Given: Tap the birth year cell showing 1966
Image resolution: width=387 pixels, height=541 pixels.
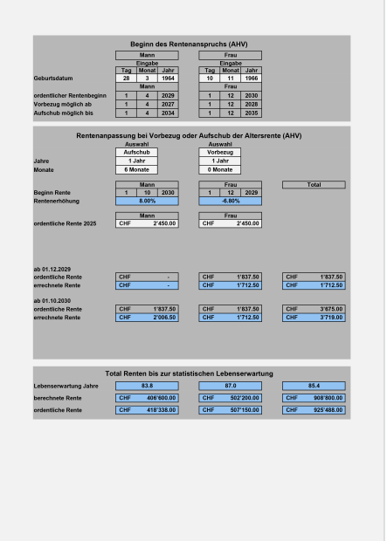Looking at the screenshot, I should coord(251,78).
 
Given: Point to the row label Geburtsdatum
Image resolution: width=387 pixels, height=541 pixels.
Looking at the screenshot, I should coord(53,79).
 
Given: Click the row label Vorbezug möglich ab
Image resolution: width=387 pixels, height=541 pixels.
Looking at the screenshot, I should coord(62,104).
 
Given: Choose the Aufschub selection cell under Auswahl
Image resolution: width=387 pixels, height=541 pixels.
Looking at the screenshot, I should coord(136,152).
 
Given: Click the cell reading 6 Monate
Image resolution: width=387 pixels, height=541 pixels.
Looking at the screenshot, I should coord(136,169).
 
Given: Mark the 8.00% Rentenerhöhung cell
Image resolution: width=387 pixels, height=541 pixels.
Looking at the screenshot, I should coord(146,201).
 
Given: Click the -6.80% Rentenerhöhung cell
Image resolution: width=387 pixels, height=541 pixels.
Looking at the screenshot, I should coord(230,201).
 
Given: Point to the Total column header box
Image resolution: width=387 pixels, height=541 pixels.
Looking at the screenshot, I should coord(314,184).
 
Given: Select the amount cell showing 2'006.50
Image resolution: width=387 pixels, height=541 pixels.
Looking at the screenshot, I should coord(146,318).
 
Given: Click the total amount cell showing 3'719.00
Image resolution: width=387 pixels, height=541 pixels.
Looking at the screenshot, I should coord(314,318).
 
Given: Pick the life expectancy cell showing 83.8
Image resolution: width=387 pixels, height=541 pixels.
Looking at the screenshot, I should coord(146,385).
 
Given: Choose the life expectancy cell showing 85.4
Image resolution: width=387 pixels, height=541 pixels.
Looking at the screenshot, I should coord(314,385).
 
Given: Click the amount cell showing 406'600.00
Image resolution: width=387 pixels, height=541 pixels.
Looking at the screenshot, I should coord(146,397).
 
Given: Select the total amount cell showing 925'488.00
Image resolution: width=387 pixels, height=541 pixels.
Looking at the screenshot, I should coord(314,409).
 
